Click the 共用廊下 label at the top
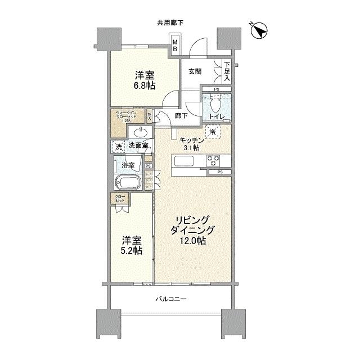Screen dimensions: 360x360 pyautogui.click(x=170, y=22)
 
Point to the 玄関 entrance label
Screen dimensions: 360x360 pyautogui.click(x=195, y=71)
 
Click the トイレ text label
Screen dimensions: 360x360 pyautogui.click(x=217, y=116)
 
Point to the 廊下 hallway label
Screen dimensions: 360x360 pyautogui.click(x=181, y=116)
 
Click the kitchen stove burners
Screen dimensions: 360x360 pyautogui.click(x=214, y=161)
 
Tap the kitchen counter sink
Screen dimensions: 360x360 pyautogui.click(x=185, y=161)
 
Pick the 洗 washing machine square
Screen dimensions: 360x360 pyautogui.click(x=118, y=146)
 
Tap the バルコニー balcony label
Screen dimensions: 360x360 pyautogui.click(x=172, y=299)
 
